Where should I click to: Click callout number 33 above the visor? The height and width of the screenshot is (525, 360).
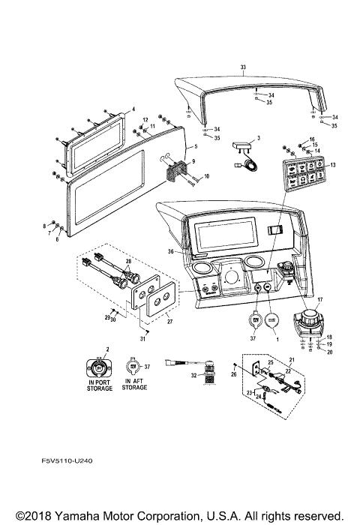pyautogui.click(x=242, y=67)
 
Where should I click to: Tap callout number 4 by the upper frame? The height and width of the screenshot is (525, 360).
pyautogui.click(x=133, y=109)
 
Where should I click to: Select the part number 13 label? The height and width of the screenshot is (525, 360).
pyautogui.click(x=332, y=164)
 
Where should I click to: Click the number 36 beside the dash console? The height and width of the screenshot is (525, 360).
pyautogui.click(x=170, y=251)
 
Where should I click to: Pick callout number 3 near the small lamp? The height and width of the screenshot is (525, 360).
pyautogui.click(x=257, y=139)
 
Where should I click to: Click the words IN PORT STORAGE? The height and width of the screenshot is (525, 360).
pyautogui.click(x=97, y=387)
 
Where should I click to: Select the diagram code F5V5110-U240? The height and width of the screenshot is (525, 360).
pyautogui.click(x=73, y=463)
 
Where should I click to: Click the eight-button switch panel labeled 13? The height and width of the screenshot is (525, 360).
pyautogui.click(x=302, y=175)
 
